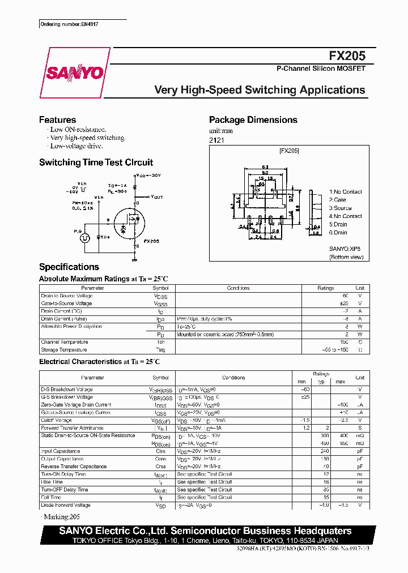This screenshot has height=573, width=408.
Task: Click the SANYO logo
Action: pos(74,73)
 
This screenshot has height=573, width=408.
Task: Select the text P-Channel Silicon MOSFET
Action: pos(321,69)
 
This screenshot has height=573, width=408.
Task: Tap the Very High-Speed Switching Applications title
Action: pos(260,90)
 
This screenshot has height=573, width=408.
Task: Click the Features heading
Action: pos(57,120)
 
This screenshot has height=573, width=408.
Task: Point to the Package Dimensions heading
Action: pos(253,120)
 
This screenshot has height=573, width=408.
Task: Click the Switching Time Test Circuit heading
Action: pos(96,163)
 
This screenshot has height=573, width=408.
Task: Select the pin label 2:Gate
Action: pos(338,200)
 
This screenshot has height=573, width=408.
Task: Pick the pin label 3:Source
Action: pos(341,208)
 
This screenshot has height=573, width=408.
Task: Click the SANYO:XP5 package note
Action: pos(345,249)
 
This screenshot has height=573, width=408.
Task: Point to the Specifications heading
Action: pos(69,267)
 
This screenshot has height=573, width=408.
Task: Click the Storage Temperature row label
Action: pos(64,350)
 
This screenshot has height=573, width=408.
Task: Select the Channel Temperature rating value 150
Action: pos(344,342)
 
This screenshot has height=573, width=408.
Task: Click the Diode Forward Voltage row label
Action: pos(65,505)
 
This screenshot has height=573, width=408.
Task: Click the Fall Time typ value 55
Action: pos(326,497)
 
